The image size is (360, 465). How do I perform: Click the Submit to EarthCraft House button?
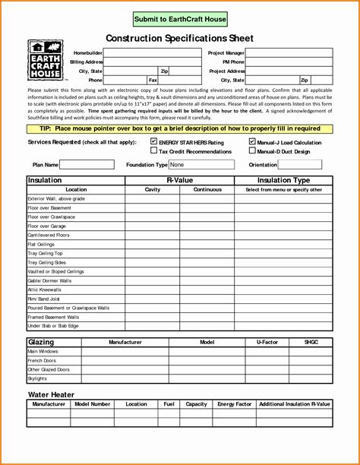179,18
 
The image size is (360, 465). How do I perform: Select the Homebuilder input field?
141,52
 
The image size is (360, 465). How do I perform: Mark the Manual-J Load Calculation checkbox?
252,142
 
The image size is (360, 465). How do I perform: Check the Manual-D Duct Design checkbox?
252,151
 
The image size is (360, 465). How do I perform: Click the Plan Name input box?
87,164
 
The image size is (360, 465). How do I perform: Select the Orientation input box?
301,164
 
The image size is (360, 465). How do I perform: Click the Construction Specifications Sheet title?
179,38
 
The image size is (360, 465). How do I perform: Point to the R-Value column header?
179,181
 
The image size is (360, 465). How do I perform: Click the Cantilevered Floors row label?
49,236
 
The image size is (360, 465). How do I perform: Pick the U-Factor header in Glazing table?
267,343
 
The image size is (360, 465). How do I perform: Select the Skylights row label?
37,378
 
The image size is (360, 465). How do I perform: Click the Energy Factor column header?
235,404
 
